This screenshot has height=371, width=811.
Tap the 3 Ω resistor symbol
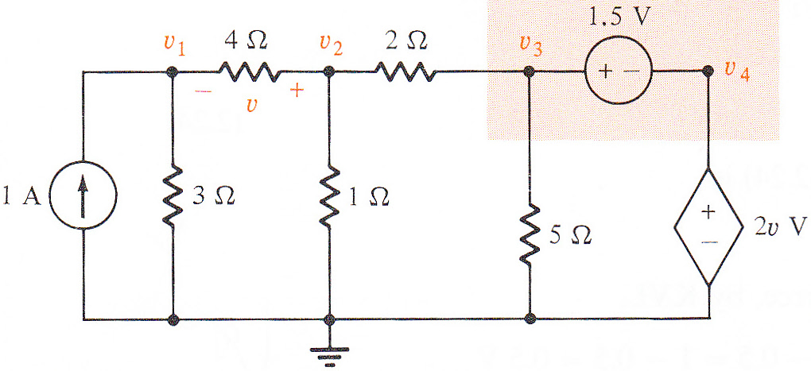[x=174, y=196]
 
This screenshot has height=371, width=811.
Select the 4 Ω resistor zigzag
[x=250, y=71]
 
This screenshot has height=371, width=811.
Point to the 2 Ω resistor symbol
[x=406, y=71]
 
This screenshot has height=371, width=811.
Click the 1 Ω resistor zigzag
[x=329, y=196]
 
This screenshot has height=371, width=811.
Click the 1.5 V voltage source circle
[x=618, y=71]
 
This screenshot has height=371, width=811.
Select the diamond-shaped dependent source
[x=708, y=226]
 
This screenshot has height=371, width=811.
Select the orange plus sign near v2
[x=297, y=91]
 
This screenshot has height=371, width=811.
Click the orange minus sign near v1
[x=202, y=91]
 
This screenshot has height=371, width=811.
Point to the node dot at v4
[x=708, y=71]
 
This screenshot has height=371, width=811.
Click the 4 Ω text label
[x=246, y=41]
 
